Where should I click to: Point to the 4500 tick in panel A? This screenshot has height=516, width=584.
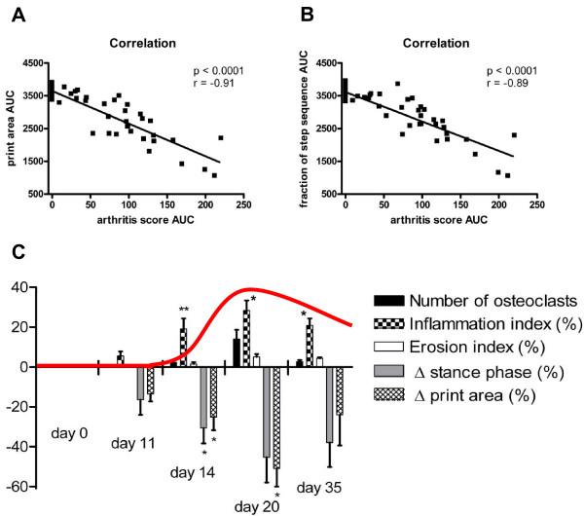(32, 64)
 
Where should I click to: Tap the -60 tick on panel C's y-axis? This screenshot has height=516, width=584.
(20, 485)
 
